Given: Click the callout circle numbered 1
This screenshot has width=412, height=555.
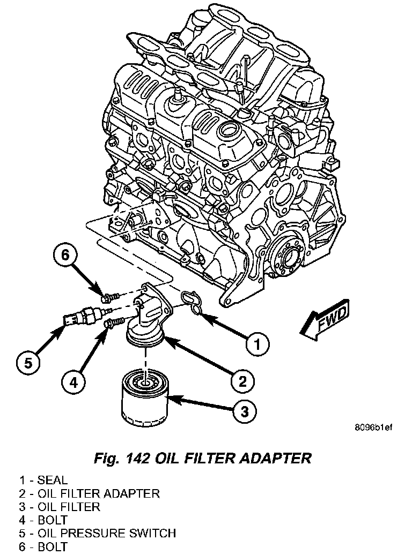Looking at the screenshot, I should pyautogui.click(x=257, y=343).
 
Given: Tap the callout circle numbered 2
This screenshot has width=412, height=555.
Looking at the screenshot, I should pyautogui.click(x=242, y=380).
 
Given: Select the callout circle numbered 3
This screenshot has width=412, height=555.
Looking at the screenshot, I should pyautogui.click(x=244, y=411).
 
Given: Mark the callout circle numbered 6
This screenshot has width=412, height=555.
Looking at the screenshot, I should pyautogui.click(x=65, y=257).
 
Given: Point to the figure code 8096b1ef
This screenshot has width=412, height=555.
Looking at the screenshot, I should pyautogui.click(x=373, y=427).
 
